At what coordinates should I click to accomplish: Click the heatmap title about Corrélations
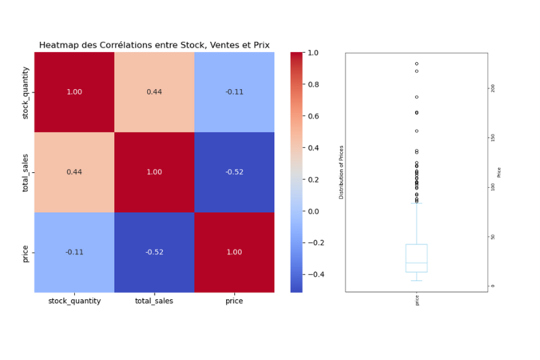tap(154, 45)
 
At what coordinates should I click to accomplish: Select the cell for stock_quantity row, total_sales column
tap(154, 92)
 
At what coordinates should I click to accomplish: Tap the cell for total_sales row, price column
tap(234, 172)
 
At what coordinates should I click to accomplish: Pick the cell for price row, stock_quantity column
tap(74, 252)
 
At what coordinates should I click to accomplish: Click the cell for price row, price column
tap(234, 252)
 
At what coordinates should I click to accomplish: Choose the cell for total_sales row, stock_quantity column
tap(74, 172)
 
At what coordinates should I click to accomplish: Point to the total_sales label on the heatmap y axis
tap(26, 172)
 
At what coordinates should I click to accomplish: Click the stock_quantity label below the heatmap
tap(74, 301)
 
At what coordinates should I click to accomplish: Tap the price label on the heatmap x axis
tap(234, 301)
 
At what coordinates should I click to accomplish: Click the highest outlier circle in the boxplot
tap(416, 63)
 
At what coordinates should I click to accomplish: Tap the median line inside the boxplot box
tap(416, 263)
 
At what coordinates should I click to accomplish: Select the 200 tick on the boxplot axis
tap(493, 88)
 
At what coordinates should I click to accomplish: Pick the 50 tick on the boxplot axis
tap(493, 236)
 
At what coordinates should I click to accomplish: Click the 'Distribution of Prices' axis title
tap(342, 172)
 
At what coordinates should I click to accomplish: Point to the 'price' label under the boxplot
tap(417, 301)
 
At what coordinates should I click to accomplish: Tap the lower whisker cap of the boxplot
tap(416, 280)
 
